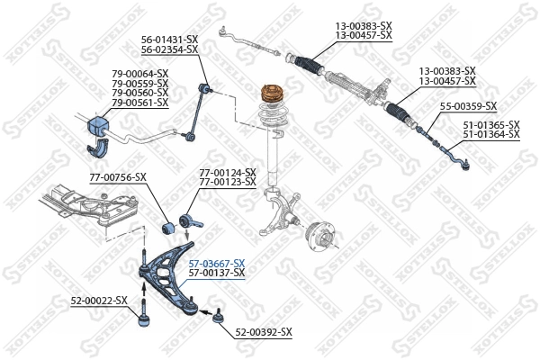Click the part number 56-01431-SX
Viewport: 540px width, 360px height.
tap(169, 39)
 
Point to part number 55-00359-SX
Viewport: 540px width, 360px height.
tap(470, 106)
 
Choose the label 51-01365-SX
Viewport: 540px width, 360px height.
tap(491, 124)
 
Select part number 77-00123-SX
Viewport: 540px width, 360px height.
tap(227, 182)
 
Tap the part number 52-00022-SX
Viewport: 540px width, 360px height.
tap(99, 300)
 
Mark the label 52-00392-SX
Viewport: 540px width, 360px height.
tap(264, 332)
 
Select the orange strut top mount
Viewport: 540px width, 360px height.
tap(271, 94)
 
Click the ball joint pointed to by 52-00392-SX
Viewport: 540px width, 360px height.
tap(216, 315)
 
